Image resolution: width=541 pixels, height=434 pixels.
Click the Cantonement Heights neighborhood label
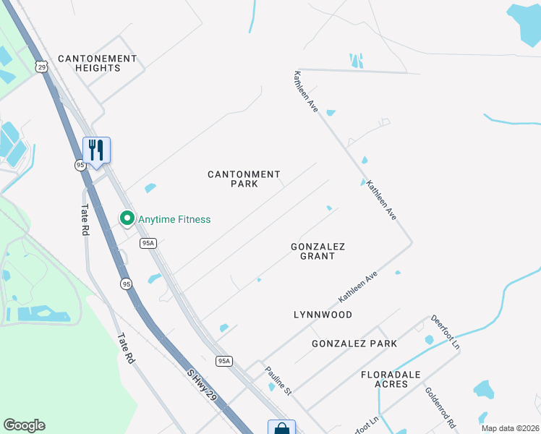pyautogui.click(x=97, y=63)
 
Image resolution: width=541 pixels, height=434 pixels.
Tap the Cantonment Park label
pyautogui.click(x=244, y=179)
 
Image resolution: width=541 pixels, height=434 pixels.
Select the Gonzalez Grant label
pyautogui.click(x=318, y=251)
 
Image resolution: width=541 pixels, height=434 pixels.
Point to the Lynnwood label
pyautogui.click(x=323, y=315)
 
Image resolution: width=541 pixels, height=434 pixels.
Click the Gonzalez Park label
pyautogui.click(x=354, y=344)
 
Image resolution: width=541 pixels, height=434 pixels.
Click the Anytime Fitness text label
pyautogui.click(x=174, y=219)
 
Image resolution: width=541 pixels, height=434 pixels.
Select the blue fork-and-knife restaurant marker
pyautogui.click(x=96, y=150)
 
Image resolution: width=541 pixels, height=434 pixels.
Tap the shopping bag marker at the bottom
pyautogui.click(x=281, y=428)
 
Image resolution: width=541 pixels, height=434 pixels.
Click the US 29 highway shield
pyautogui.click(x=43, y=67)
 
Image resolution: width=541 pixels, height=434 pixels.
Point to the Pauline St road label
pyautogui.click(x=277, y=381)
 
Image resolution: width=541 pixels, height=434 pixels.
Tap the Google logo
pyautogui.click(x=24, y=425)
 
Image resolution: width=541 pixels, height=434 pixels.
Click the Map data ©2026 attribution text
pyautogui.click(x=510, y=427)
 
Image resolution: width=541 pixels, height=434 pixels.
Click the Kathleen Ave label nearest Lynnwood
pyautogui.click(x=359, y=286)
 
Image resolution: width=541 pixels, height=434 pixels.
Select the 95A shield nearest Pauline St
pyautogui.click(x=224, y=360)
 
